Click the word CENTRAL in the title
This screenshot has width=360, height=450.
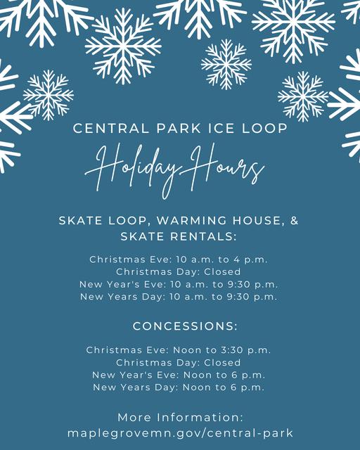click(111, 128)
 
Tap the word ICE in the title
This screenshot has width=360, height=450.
click(221, 128)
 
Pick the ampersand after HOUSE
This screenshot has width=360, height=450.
click(295, 220)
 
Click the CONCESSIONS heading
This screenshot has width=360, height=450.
click(185, 326)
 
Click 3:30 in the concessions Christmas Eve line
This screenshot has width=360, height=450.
click(232, 350)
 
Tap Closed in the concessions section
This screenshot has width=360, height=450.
click(222, 363)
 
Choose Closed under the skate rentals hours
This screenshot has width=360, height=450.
click(222, 271)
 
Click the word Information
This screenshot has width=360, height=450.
click(200, 417)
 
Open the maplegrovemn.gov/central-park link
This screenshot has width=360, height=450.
click(180, 433)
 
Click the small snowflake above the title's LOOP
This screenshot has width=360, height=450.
click(303, 97)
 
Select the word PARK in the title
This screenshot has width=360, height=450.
click(179, 128)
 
